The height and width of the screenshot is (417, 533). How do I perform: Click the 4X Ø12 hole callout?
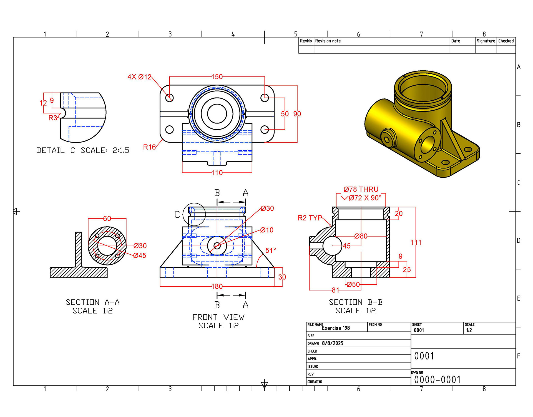click(x=139, y=77)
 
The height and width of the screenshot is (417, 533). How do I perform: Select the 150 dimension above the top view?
click(x=217, y=77)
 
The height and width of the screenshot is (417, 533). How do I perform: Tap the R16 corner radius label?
click(x=149, y=147)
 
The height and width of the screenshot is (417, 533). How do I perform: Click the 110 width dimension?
click(x=217, y=173)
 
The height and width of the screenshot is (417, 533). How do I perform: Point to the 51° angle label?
click(x=271, y=250)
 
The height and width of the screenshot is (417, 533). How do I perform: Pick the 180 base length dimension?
click(x=217, y=287)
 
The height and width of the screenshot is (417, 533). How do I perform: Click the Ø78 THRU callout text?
click(x=361, y=189)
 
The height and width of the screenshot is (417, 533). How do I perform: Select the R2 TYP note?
click(x=310, y=218)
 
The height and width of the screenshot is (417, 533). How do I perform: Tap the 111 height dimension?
click(x=416, y=242)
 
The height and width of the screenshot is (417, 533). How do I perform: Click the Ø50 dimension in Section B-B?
click(x=353, y=284)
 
